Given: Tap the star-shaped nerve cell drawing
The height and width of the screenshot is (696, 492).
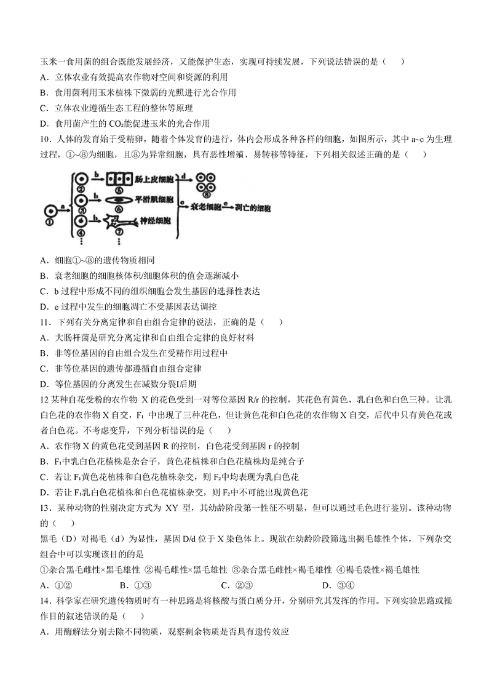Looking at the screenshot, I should point(120,222).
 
